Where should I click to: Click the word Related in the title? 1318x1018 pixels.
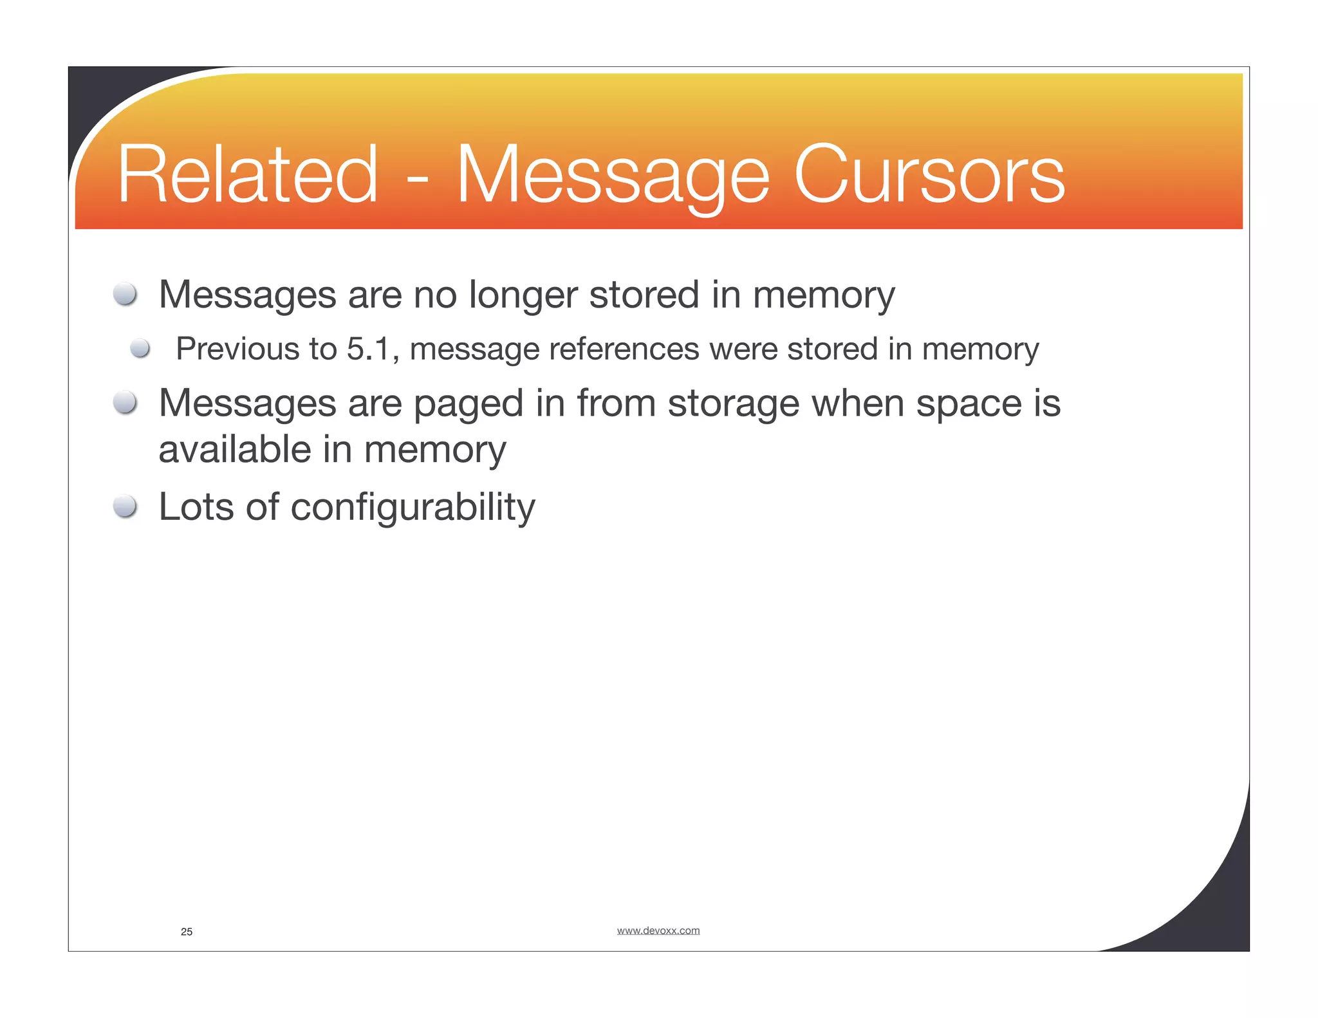(247, 175)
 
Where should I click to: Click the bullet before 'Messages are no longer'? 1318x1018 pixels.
(125, 295)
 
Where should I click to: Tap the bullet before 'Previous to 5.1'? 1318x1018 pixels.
(140, 349)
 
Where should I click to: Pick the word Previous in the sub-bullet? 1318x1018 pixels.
(237, 349)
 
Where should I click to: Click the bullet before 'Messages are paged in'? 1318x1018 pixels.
(125, 403)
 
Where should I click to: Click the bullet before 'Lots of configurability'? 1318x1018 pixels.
(125, 507)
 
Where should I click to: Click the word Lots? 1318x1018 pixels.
(196, 507)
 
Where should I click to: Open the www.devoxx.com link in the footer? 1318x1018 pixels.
(658, 930)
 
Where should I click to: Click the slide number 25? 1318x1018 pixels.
(187, 932)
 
